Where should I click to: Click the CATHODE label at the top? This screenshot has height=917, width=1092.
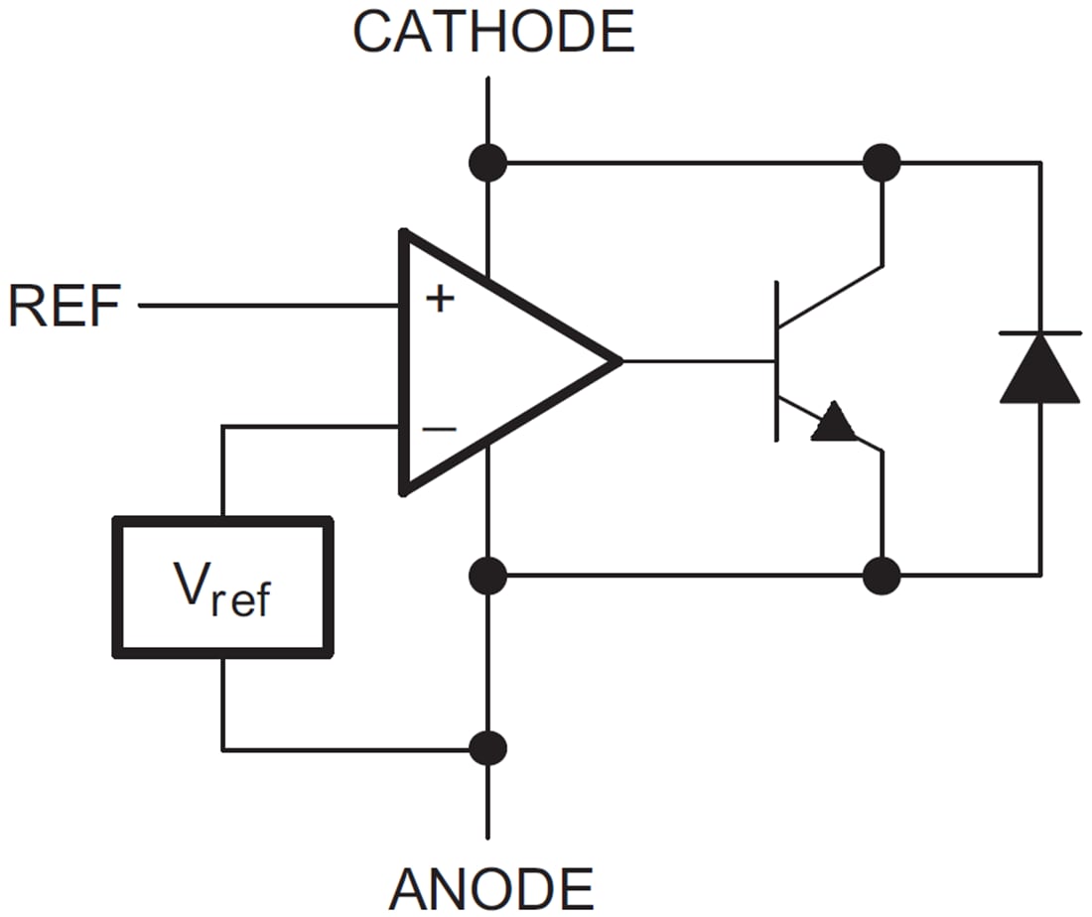(x=493, y=32)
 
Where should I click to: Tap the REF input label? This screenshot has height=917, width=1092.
(x=64, y=306)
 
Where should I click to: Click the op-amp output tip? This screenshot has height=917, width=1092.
(x=617, y=361)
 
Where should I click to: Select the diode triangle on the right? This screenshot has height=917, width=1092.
(x=1039, y=369)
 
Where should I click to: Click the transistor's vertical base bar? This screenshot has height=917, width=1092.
(x=776, y=361)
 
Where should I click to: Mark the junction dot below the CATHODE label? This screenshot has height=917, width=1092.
(x=488, y=162)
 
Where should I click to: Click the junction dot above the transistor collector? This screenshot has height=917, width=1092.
(x=882, y=162)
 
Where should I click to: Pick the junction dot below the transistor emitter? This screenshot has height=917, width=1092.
(x=882, y=575)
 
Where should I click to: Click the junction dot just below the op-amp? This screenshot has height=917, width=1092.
(x=488, y=575)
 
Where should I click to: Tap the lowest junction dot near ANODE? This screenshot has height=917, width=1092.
(x=488, y=748)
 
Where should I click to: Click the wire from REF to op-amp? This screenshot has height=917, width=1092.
(x=268, y=306)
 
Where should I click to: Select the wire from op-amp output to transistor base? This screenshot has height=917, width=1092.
(x=695, y=361)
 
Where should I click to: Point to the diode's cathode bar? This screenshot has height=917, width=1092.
(x=1039, y=333)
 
